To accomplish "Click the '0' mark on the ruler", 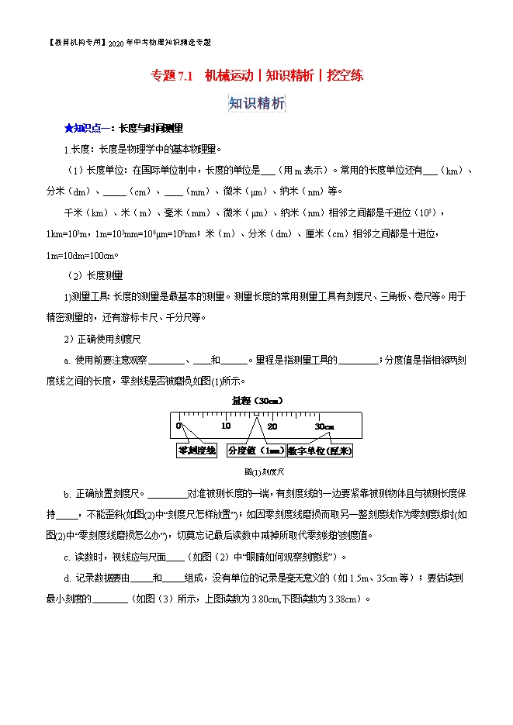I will [x=179, y=426].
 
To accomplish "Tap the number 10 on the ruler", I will [x=225, y=426].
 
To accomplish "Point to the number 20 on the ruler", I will [x=272, y=426].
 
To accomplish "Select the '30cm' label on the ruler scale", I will [x=324, y=426].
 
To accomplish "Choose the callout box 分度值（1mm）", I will [x=255, y=451].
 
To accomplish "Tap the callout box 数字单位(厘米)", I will [x=319, y=451].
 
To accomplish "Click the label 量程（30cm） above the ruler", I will [x=257, y=400].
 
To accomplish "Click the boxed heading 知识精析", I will [x=257, y=103].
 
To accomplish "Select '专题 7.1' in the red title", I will [x=171, y=76].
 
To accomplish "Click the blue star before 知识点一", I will [x=68, y=128].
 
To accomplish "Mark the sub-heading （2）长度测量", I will [x=95, y=275].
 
